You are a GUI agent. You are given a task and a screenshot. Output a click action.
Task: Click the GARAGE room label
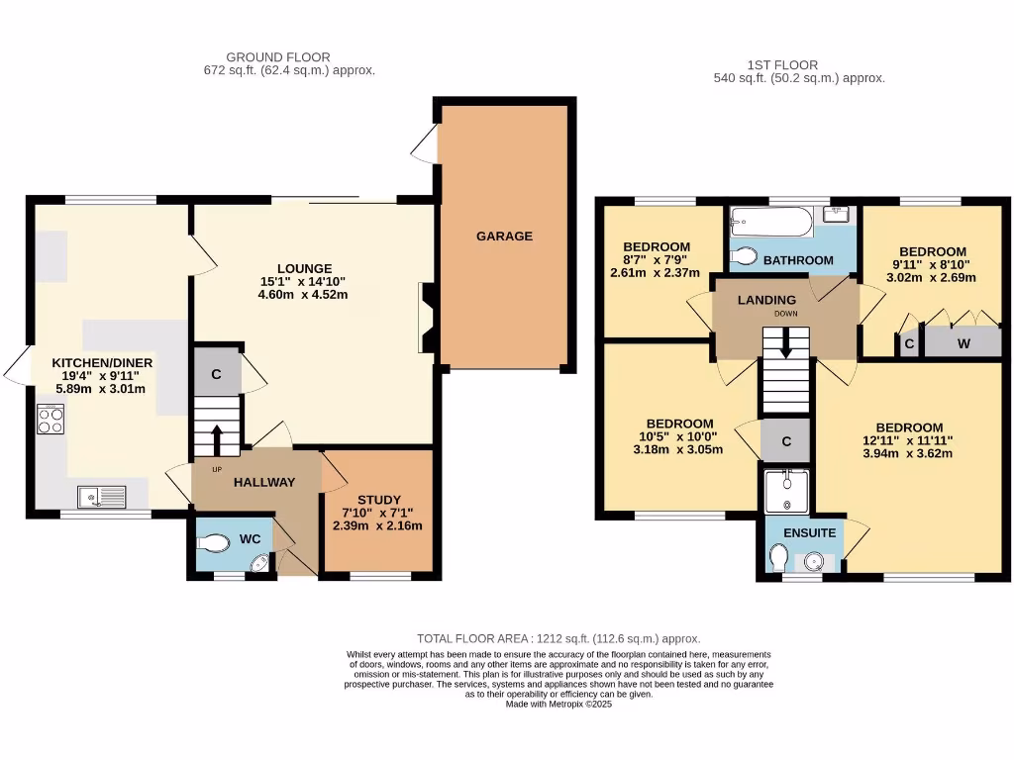504,237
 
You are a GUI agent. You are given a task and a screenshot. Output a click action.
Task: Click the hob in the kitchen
51,420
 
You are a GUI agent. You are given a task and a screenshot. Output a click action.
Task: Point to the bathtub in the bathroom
770,221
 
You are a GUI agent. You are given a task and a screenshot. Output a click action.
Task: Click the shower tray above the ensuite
787,492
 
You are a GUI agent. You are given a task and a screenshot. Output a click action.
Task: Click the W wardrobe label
963,344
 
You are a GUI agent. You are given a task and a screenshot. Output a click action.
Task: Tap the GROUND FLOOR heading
277,57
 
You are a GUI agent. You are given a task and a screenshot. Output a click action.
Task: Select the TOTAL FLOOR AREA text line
558,639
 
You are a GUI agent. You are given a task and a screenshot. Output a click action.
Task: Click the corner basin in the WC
259,564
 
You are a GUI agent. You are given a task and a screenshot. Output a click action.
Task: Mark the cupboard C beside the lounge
217,373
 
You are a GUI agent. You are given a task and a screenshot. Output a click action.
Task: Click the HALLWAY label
264,482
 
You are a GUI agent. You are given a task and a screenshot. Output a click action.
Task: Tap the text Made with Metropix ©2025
558,705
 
